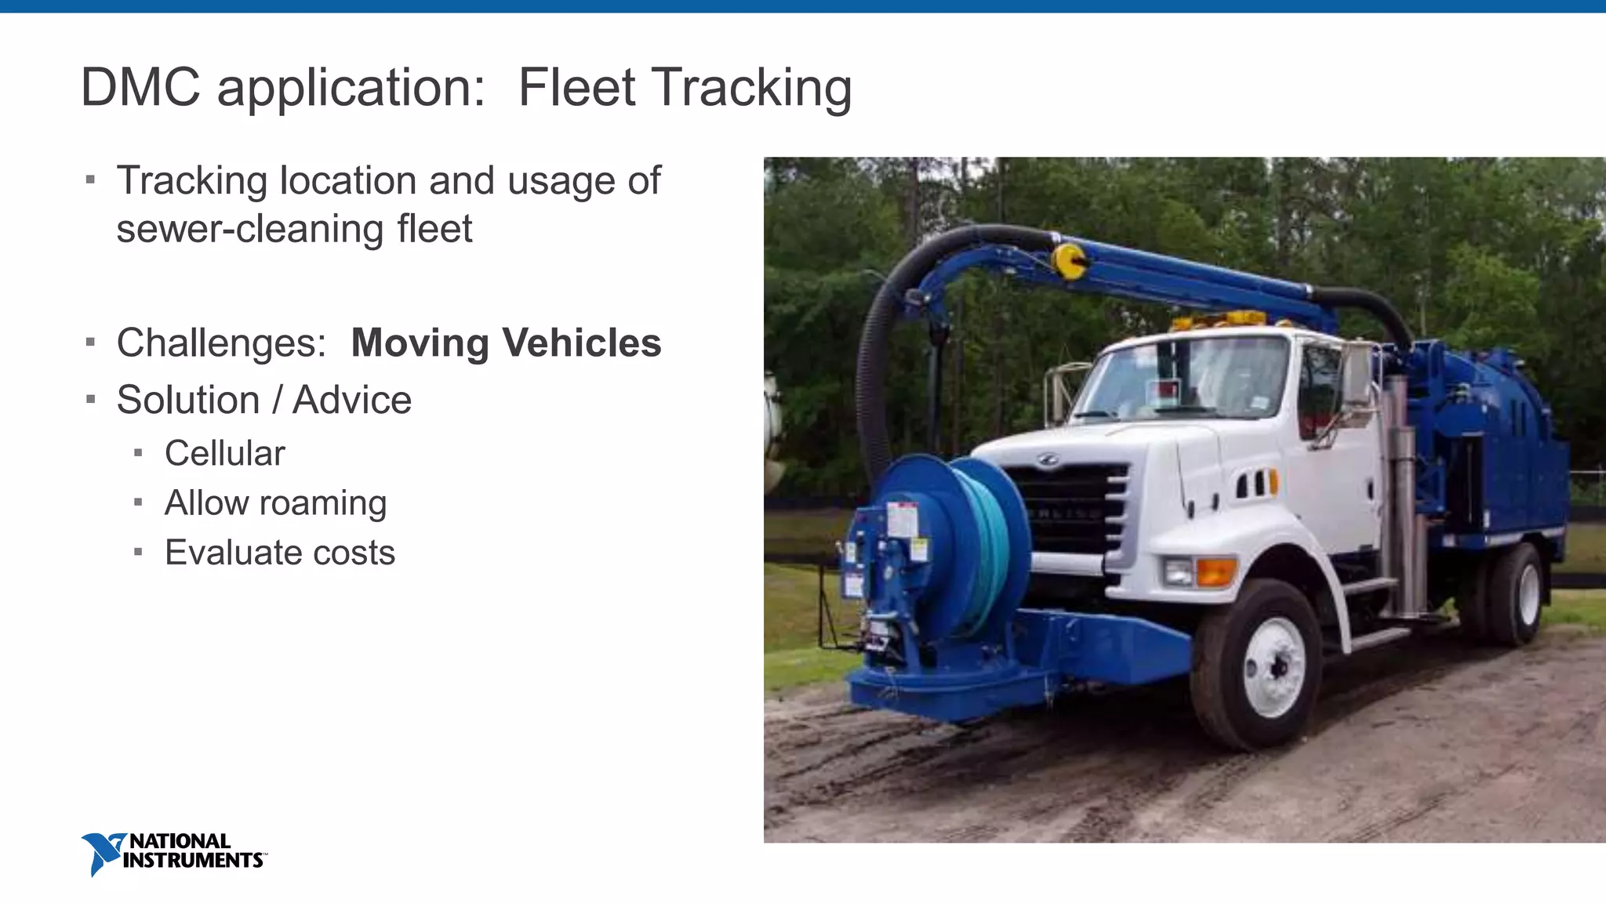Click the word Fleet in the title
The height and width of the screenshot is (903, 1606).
click(576, 87)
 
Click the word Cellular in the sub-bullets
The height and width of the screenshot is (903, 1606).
click(224, 453)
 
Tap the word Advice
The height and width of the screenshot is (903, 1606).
click(352, 400)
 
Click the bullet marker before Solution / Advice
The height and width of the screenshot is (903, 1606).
click(91, 400)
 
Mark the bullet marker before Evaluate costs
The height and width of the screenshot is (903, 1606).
click(139, 552)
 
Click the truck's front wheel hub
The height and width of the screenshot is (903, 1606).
click(1274, 666)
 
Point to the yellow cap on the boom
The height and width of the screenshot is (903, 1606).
click(1068, 261)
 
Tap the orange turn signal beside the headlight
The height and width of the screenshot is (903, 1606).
click(1215, 571)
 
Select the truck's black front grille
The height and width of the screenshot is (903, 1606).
click(1066, 510)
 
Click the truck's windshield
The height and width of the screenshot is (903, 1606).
click(1184, 380)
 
